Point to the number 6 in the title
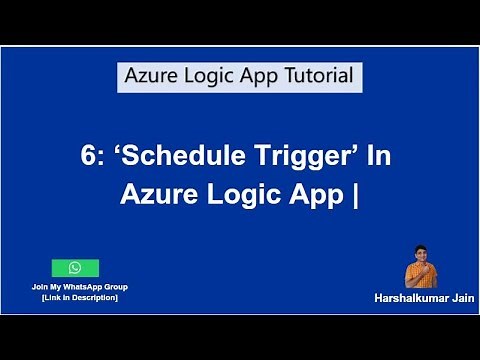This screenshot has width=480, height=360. [87, 157]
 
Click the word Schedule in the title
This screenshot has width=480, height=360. [174, 157]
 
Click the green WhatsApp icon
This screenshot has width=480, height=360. [75, 268]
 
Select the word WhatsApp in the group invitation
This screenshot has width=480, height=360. [77, 287]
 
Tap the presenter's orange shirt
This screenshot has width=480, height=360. [417, 275]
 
